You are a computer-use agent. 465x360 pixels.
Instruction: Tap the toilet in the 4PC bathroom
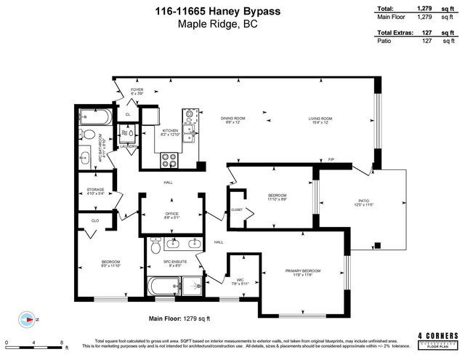pos(89,137)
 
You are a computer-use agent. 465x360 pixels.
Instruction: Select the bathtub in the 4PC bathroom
pos(94,116)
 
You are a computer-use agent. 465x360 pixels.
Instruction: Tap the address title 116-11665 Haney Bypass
pos(232,10)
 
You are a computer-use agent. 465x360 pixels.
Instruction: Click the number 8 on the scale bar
pos(62,342)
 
